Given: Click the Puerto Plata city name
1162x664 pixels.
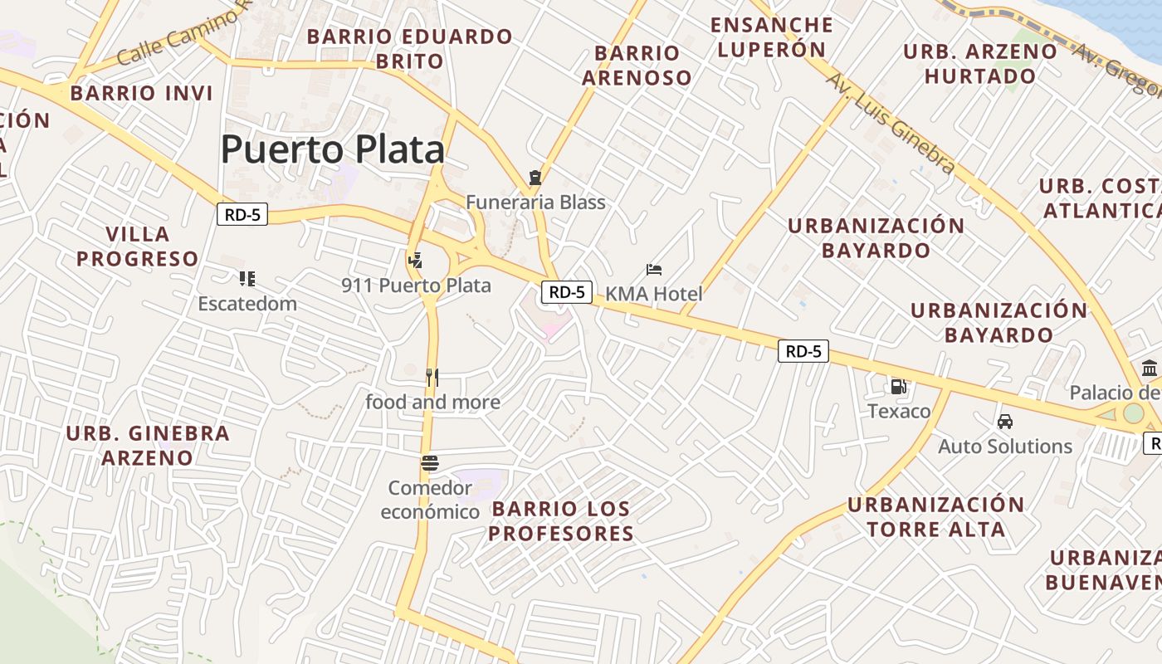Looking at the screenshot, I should [333, 150].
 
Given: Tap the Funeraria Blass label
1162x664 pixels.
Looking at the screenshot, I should [535, 203].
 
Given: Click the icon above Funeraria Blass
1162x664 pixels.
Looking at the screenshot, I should [535, 177].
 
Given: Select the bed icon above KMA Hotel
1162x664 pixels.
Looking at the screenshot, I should [654, 270].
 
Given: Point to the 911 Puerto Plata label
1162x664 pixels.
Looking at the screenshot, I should [416, 286].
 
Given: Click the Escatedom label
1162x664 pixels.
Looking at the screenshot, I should [247, 304].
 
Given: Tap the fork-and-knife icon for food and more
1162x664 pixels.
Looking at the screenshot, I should [432, 378].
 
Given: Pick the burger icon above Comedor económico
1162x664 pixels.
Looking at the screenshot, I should [430, 463].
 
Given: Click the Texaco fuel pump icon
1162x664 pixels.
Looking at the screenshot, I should [898, 386].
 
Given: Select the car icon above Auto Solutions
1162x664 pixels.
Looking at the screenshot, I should [1005, 422].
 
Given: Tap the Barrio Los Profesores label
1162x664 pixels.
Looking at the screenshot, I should [560, 521].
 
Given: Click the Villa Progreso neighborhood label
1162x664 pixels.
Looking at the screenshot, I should [138, 247].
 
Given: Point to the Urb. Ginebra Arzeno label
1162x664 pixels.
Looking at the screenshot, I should [148, 445].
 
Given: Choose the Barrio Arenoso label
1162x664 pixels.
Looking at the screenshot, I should [637, 66].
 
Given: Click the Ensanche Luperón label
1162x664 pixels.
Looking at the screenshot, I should [772, 37].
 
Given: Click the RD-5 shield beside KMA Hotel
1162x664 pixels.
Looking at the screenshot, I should [567, 292].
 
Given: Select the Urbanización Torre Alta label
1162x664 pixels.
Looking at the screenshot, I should [935, 517].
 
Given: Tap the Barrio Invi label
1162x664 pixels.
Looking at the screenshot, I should [141, 93].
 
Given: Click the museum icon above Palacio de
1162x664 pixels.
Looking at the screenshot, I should [1150, 368].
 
